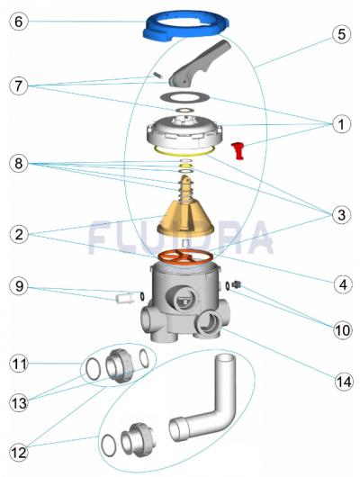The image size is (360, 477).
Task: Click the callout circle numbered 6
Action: point(19,22)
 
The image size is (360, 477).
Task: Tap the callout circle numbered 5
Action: point(341,34)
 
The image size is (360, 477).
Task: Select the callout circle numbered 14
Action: point(344,382)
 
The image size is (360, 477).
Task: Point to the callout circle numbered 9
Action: point(19,286)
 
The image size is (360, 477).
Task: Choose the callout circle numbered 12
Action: point(19,453)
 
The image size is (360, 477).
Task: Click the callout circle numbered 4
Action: point(343,284)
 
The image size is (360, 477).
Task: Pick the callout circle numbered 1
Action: point(341,124)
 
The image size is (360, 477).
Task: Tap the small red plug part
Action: point(238,150)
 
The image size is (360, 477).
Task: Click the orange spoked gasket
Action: point(185,256)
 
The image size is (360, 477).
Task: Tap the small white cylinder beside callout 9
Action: point(125,298)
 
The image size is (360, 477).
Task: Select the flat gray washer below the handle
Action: point(185,97)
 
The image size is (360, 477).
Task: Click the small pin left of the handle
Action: point(158,75)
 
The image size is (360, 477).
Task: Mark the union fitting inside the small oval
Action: point(120,365)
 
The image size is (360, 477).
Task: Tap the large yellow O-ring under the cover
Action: point(184,154)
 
